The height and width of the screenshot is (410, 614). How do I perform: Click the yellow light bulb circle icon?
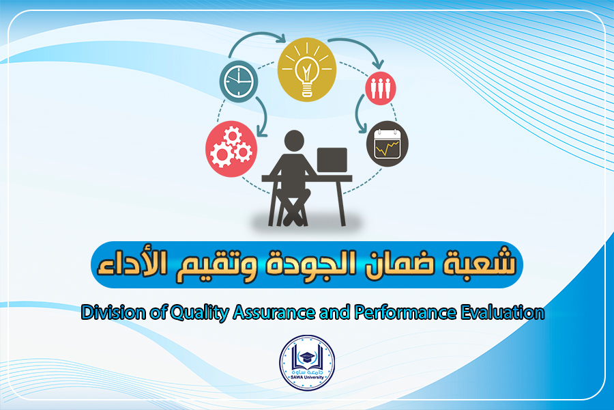pyautogui.click(x=306, y=70)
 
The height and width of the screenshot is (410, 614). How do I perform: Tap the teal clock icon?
pyautogui.click(x=239, y=81)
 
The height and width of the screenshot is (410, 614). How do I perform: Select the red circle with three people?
pyautogui.click(x=380, y=88)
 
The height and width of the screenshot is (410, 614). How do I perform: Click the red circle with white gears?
pyautogui.click(x=231, y=149)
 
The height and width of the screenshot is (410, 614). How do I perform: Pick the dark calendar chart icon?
pyautogui.click(x=388, y=143)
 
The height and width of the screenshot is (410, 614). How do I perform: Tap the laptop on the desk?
pyautogui.click(x=332, y=160)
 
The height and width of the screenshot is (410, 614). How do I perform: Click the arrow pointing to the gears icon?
pyautogui.click(x=264, y=115)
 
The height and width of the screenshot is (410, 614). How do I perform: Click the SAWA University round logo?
pyautogui.click(x=307, y=363)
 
